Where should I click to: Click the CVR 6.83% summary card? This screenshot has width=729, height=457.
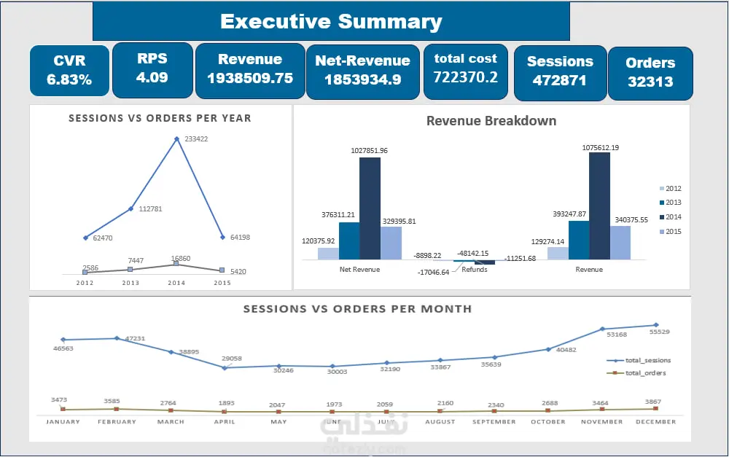click(69, 71)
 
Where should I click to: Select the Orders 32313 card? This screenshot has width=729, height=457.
click(650, 72)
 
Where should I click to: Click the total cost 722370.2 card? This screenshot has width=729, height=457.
click(465, 68)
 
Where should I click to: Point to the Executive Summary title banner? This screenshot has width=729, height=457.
click(331, 21)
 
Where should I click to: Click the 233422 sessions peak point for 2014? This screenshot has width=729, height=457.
click(176, 138)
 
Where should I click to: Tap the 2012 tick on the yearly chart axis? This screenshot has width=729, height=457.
click(85, 283)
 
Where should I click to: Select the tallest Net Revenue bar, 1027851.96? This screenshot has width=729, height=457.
click(370, 208)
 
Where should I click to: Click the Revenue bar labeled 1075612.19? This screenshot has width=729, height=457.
click(599, 206)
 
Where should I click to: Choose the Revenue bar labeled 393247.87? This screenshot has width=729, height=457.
click(578, 240)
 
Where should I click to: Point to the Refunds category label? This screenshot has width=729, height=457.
click(474, 270)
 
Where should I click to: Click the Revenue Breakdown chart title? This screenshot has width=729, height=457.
click(491, 121)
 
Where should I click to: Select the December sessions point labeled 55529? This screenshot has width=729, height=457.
click(655, 325)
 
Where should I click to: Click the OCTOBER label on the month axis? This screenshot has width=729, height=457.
click(547, 421)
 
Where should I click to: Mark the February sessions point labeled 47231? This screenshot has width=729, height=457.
click(117, 338)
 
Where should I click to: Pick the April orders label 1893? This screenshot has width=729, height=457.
click(225, 403)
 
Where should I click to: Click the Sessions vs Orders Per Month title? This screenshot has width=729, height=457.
click(357, 309)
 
